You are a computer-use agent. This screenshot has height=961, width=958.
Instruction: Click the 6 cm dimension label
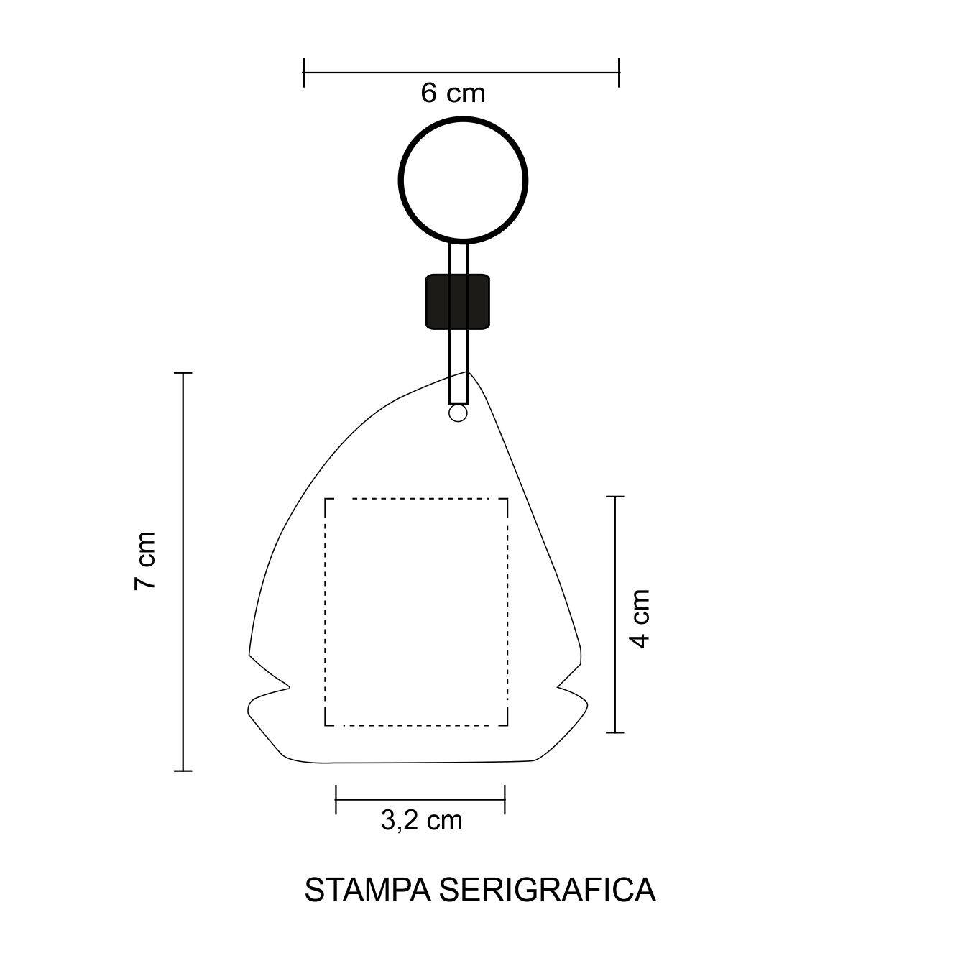coord(452,93)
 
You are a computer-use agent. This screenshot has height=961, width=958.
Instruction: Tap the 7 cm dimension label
coord(145,561)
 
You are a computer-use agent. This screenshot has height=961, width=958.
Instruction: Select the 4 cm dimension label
coord(640,618)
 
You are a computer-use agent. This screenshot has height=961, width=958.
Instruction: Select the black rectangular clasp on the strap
coord(457,302)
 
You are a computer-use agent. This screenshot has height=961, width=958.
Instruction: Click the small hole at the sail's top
coord(458,413)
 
